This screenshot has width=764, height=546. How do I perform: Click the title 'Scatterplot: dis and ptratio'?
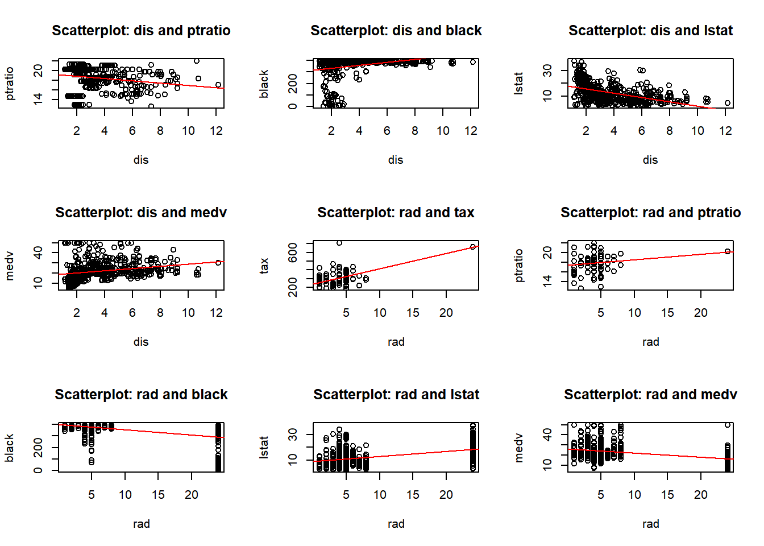coord(141,30)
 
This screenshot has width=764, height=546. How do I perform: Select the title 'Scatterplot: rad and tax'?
coord(396,212)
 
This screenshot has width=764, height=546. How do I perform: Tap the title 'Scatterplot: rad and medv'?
coord(650,394)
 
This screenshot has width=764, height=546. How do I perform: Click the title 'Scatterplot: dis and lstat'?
coord(650,30)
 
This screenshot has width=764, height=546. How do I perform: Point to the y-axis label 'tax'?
coord(264,266)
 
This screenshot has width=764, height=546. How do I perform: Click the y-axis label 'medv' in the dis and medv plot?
coord(9,266)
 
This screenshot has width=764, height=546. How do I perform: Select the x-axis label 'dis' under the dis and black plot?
coord(396,160)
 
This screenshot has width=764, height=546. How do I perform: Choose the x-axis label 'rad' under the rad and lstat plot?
coord(396,523)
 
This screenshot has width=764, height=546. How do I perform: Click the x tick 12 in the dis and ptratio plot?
coord(216,131)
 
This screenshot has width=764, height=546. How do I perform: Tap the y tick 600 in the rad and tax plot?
coord(293,253)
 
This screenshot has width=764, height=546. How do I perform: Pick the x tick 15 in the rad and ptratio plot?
coord(667,313)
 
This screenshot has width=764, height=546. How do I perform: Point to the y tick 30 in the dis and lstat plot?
coord(547,71)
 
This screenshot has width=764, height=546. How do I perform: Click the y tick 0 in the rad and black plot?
coord(38,470)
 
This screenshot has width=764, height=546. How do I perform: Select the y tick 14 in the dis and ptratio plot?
coord(38,100)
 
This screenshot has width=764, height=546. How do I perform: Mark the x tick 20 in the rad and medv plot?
coord(701,494)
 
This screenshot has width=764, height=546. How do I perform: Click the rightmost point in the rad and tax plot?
coord(473,247)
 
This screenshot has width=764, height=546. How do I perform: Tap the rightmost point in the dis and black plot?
coord(473,62)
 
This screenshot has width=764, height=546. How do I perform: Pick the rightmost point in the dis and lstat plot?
coord(728,103)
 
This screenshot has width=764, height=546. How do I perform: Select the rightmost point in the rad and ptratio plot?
coord(728,251)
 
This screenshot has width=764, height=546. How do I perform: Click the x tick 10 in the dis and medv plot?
coord(188,313)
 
